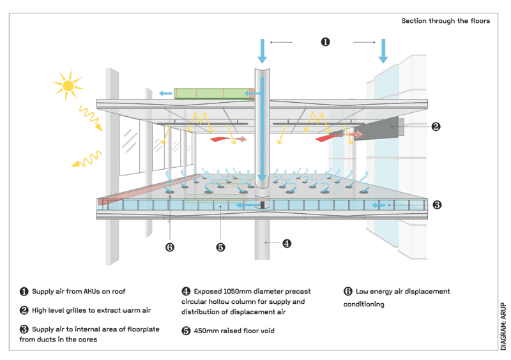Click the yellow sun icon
(68, 85)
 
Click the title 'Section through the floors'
(445, 21)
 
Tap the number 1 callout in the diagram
(324, 42)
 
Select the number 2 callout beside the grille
(435, 126)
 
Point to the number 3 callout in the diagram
(437, 205)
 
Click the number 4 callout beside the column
(287, 243)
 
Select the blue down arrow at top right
(383, 50)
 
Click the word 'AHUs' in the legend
(91, 292)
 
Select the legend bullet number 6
(347, 292)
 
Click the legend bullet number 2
(24, 311)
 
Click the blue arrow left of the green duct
(165, 94)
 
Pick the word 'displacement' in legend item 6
(429, 292)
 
